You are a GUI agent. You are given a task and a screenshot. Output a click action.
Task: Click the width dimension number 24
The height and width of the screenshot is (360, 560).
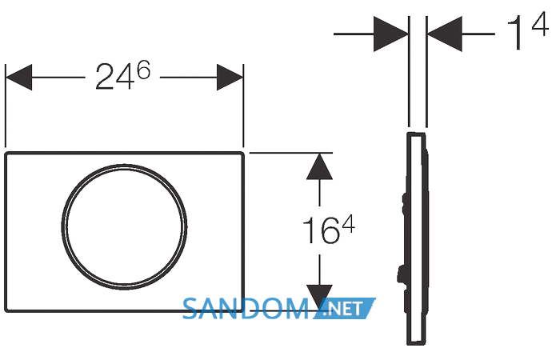tap(115, 77)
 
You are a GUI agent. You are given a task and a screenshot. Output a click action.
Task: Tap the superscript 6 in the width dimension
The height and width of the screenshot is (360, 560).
tap(144, 70)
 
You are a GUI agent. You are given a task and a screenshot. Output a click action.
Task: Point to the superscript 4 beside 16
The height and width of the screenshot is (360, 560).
tap(348, 224)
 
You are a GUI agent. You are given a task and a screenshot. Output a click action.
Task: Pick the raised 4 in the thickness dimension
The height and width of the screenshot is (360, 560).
tap(540, 23)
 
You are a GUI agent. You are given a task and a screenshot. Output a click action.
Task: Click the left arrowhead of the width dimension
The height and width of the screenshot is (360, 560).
tap(19, 77)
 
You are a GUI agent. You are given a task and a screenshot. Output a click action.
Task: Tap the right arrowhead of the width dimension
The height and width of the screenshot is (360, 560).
tap(230, 77)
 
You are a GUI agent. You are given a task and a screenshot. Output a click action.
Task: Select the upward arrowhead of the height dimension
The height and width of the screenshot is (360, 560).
tap(320, 166)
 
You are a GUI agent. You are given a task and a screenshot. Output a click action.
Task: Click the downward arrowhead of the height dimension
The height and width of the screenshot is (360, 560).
tap(320, 298)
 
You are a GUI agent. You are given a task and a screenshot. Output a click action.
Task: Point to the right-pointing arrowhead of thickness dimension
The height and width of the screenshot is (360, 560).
tap(390, 34)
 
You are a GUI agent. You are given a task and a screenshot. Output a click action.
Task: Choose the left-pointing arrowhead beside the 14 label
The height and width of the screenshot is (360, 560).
tap(445, 34)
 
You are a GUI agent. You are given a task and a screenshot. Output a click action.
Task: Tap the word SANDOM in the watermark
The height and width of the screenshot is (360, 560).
tap(246, 309)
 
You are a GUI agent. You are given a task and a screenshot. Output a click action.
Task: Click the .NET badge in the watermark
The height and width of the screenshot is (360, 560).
tap(345, 308)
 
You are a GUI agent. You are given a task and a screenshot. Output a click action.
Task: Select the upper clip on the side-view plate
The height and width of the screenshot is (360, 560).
tap(406, 203)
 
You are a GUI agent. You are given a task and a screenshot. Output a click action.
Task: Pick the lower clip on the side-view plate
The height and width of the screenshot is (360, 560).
tap(402, 275)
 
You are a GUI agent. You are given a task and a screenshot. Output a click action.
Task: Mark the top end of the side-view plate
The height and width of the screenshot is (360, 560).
tap(416, 134)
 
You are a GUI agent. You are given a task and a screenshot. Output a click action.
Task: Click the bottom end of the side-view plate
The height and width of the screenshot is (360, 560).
tap(416, 343)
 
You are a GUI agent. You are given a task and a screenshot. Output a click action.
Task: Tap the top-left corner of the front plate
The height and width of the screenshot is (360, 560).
tap(6, 154)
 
